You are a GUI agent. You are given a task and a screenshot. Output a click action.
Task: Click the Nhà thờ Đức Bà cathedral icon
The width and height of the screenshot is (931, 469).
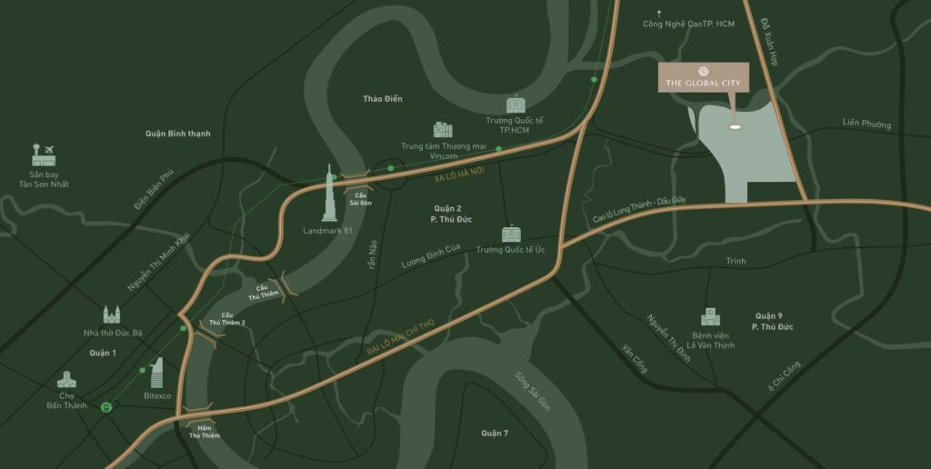pyautogui.click(x=111, y=314)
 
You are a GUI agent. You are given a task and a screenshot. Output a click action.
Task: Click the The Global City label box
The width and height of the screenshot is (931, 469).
pyautogui.click(x=703, y=77)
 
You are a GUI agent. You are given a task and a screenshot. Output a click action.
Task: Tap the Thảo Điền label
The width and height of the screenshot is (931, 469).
pyautogui.click(x=382, y=98)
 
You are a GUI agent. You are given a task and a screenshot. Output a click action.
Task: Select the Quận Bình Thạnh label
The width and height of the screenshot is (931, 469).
pyautogui.click(x=177, y=134)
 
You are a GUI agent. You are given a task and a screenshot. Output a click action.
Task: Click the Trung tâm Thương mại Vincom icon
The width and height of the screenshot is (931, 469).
pyautogui.click(x=443, y=130)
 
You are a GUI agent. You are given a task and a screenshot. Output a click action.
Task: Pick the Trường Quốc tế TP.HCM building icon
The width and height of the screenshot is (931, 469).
pyautogui.click(x=516, y=105)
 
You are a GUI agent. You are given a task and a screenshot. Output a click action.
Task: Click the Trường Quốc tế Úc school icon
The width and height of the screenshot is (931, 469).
pyautogui.click(x=510, y=234)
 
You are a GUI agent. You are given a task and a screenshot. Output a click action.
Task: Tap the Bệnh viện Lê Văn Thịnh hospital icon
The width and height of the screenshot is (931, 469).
pyautogui.click(x=709, y=316)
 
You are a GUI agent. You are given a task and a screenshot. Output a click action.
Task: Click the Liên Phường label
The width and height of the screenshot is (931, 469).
pyautogui.click(x=866, y=124)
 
